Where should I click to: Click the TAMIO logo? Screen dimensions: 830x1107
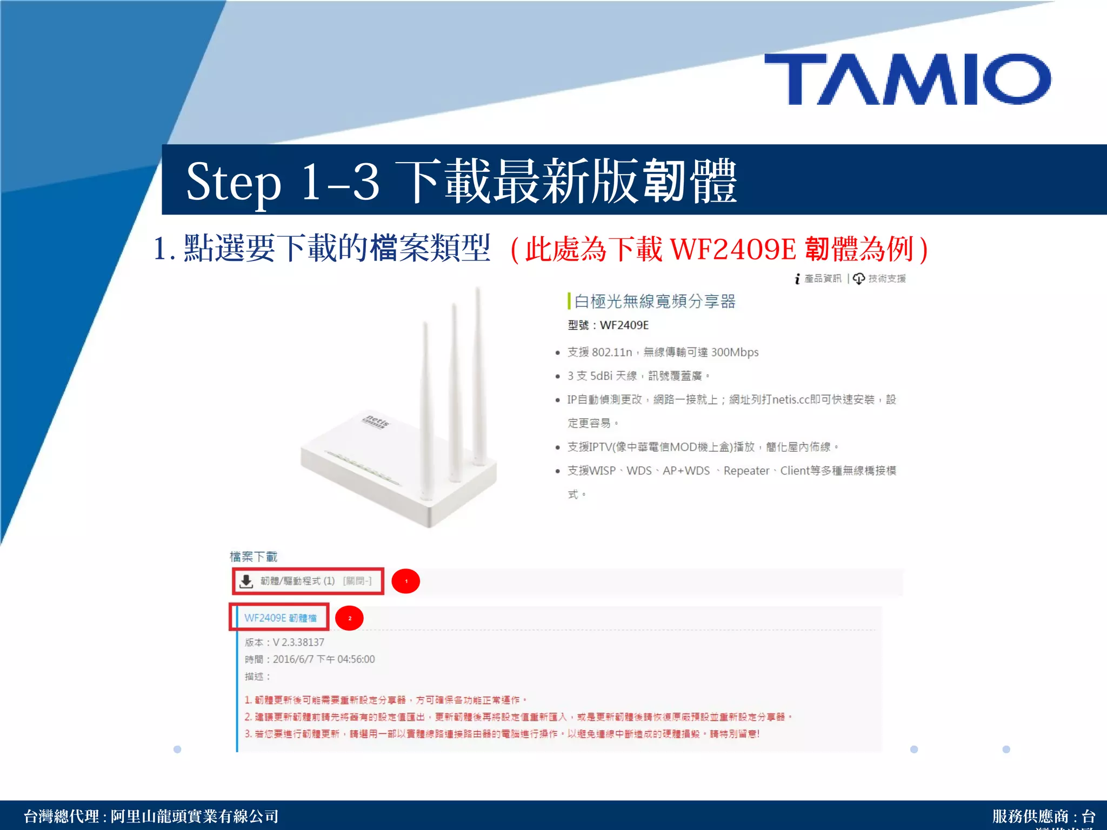coord(908,79)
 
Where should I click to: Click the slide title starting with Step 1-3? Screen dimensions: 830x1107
coord(461,182)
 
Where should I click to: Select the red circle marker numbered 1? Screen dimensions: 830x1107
coord(406,581)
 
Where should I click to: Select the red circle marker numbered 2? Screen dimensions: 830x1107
coord(350,618)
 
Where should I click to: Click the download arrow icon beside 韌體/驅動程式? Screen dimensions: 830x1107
coord(246,581)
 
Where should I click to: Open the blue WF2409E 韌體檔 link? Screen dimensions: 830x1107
coord(280,618)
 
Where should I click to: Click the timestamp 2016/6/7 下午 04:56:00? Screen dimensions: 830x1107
coord(323,659)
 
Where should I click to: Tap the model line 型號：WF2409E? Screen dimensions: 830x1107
coord(608,325)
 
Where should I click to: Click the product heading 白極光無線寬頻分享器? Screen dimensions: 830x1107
coord(655,302)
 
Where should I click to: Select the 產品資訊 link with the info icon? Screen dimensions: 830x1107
coord(818,279)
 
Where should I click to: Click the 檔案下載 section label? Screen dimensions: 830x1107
coord(254,557)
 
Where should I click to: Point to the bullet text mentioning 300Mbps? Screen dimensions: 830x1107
coord(663,352)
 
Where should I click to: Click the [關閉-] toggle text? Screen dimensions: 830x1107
coord(357,581)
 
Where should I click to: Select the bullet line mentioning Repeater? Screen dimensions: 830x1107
coord(731,471)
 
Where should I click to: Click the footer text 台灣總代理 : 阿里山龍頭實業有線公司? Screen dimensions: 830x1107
coord(151,816)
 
